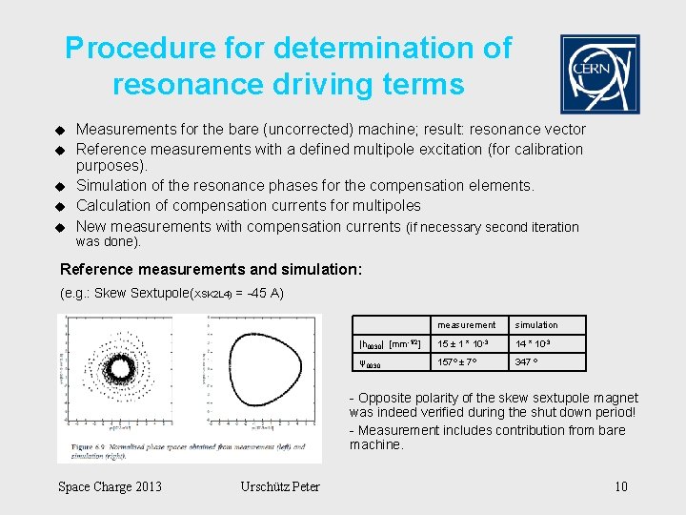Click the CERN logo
tap(599, 74)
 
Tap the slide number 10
tap(620, 487)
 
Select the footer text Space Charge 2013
tap(110, 487)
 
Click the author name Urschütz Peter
tap(281, 487)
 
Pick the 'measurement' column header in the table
tap(467, 325)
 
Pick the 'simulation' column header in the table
tap(536, 325)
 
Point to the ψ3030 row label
tap(371, 364)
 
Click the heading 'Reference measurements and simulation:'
tap(211, 270)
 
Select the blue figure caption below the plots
tap(181, 450)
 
